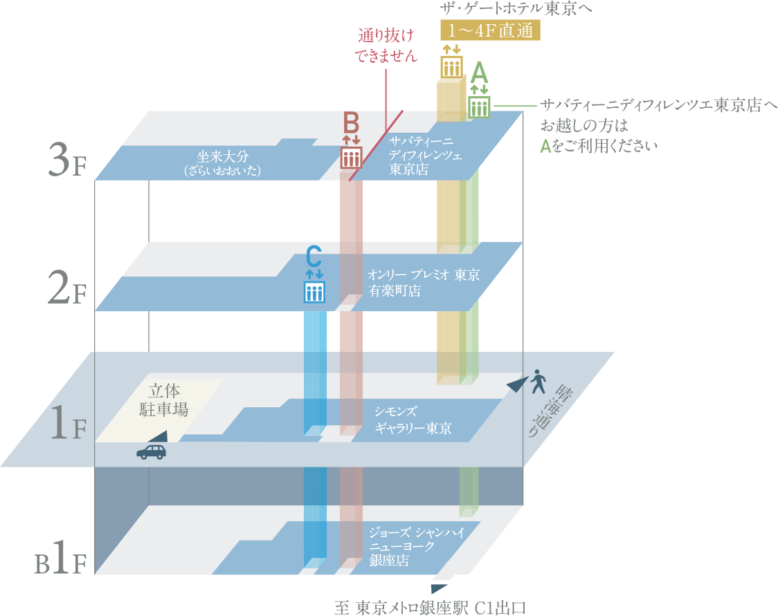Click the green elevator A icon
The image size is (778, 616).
coord(479,107)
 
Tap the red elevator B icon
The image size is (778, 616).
coord(352,158)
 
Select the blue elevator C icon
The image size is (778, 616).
coord(314,292)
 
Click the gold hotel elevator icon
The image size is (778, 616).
coord(452,66)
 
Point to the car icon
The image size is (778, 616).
coord(152,451)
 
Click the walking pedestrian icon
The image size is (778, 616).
coord(538,380)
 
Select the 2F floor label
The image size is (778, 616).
coord(67,288)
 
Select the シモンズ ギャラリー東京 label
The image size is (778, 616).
coord(413,419)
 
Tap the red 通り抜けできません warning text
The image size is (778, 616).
coord(388,46)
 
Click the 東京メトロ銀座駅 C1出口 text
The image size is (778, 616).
coord(431,608)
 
